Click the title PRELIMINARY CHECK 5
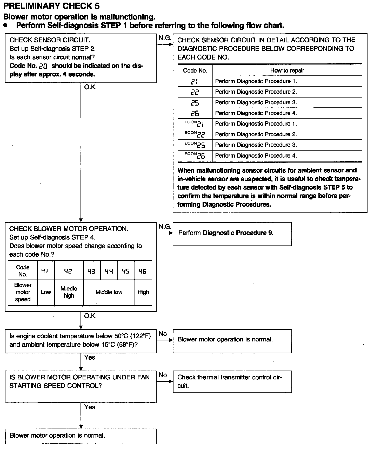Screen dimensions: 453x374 click(x=51, y=6)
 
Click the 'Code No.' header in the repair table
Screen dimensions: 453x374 click(x=195, y=70)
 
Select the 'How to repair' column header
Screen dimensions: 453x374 click(x=287, y=70)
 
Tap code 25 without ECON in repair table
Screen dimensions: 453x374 click(x=195, y=103)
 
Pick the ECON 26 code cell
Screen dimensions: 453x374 click(x=195, y=156)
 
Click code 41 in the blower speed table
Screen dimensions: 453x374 click(x=45, y=271)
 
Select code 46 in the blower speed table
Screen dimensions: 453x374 click(x=143, y=271)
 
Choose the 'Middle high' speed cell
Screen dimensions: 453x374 click(x=69, y=292)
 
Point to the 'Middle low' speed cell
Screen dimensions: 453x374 click(x=109, y=292)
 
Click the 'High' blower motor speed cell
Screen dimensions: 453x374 click(x=143, y=292)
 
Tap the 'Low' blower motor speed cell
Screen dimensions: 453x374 click(x=46, y=292)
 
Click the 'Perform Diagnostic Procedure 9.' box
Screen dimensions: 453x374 click(x=232, y=234)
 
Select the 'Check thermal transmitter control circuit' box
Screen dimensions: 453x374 click(x=232, y=381)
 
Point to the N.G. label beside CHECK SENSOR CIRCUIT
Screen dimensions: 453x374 click(x=165, y=38)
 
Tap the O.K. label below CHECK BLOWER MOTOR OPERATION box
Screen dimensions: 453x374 click(x=90, y=316)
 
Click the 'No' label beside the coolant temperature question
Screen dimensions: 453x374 click(x=163, y=334)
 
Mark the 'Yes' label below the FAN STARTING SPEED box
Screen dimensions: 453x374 click(x=90, y=407)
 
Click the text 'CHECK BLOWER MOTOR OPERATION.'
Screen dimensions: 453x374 click(x=69, y=229)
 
